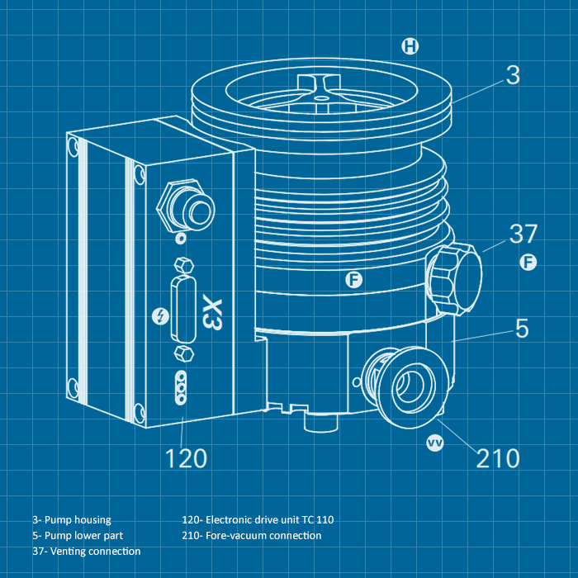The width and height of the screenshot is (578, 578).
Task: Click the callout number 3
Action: pyautogui.click(x=513, y=75)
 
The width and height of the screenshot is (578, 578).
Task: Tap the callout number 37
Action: pyautogui.click(x=524, y=235)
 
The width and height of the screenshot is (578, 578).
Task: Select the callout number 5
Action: pyautogui.click(x=522, y=329)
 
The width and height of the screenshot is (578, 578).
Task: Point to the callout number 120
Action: pyautogui.click(x=187, y=457)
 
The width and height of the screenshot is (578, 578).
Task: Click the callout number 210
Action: pyautogui.click(x=498, y=457)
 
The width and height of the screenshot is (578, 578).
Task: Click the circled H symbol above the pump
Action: pyautogui.click(x=410, y=46)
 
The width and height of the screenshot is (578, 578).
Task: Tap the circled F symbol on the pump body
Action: pyautogui.click(x=353, y=280)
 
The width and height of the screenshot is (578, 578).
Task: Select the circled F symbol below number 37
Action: pyautogui.click(x=528, y=263)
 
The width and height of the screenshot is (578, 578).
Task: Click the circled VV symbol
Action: pyautogui.click(x=435, y=443)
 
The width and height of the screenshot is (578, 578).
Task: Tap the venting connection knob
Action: pyautogui.click(x=456, y=277)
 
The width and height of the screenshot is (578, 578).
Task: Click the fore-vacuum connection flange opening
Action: pyautogui.click(x=410, y=385)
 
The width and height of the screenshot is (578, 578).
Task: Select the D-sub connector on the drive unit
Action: pyautogui.click(x=183, y=306)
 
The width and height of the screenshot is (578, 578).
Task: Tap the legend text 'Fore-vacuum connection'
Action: pyautogui.click(x=263, y=535)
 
